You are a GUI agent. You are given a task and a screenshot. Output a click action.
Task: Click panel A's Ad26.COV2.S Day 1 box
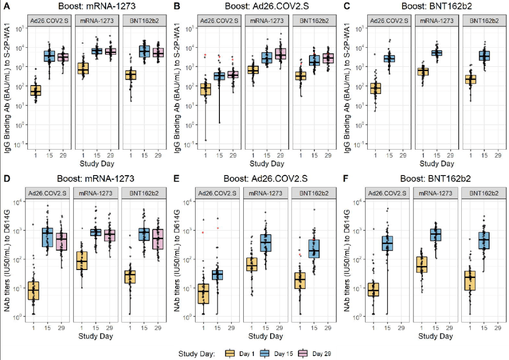[x=35, y=90]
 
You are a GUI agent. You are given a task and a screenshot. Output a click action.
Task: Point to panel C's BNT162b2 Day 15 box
[x=484, y=55]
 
